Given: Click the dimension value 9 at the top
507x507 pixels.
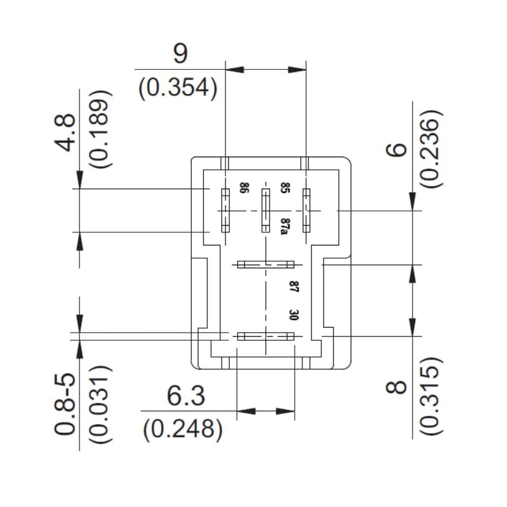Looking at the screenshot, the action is coord(180,54).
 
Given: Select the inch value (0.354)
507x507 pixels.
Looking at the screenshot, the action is coord(178,88).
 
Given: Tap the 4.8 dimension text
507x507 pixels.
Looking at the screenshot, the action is coord(65,132).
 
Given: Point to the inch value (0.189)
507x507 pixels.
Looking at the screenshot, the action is coord(100,129).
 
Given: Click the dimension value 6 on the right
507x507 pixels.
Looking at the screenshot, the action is coord(396,150).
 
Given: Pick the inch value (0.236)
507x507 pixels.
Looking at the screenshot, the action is coord(431,149).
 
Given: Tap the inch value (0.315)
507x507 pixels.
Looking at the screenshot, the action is coord(431,395).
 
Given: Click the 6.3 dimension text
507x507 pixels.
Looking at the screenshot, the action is coord(186,396).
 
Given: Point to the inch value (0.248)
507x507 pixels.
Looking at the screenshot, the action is coord(183,429).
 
